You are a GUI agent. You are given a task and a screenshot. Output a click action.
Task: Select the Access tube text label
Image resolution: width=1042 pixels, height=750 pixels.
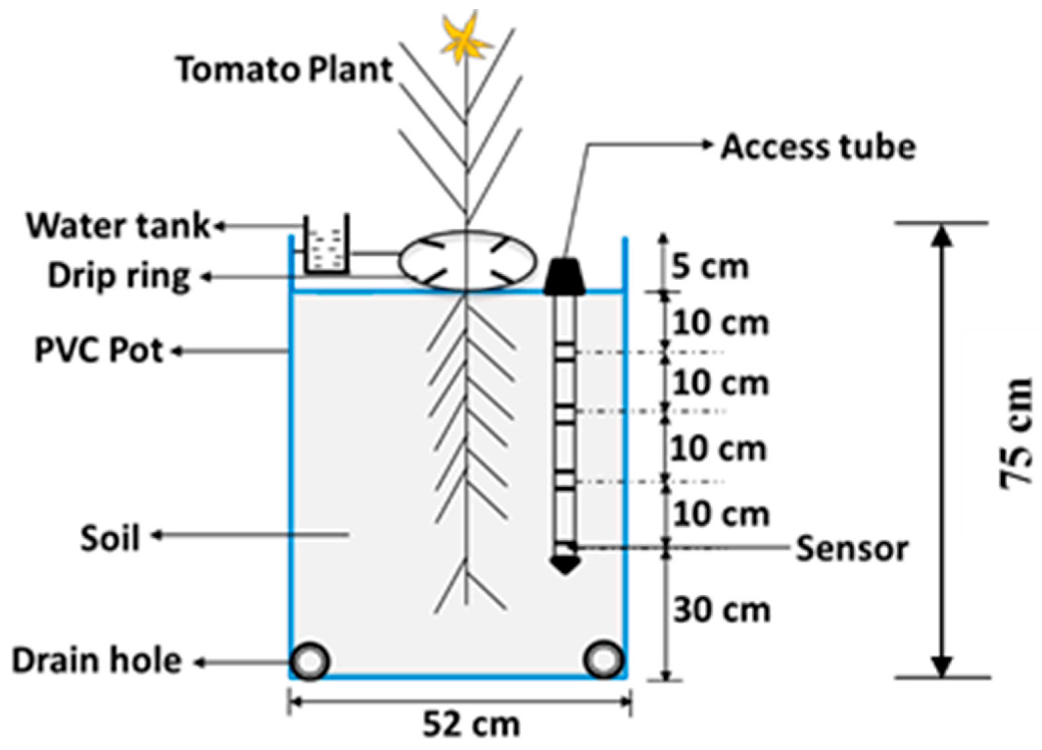(x=818, y=147)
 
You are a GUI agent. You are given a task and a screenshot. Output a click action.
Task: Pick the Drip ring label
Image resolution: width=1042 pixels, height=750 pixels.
(x=119, y=277)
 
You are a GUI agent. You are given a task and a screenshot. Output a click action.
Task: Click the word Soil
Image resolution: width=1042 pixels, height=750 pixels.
(x=110, y=538)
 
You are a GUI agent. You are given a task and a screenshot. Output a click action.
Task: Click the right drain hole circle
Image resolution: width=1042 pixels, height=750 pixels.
(x=604, y=660)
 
